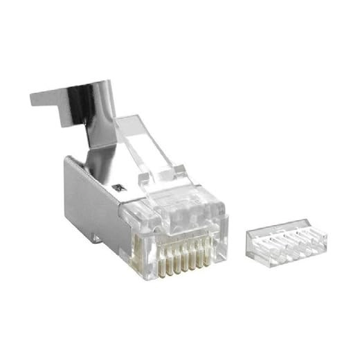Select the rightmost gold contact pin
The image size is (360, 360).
(206, 251)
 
